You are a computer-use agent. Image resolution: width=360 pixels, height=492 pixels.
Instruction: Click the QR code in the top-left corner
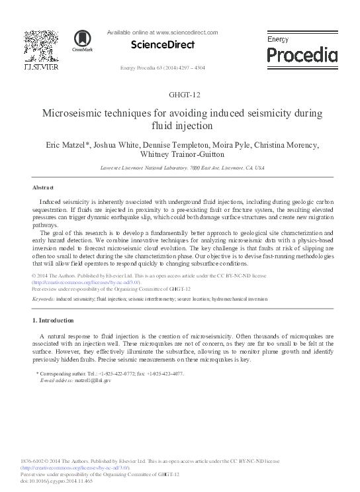pos(40,46)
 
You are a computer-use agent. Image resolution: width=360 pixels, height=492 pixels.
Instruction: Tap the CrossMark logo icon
pos(83,40)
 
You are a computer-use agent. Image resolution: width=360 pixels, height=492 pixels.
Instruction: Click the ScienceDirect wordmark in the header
pos(163,45)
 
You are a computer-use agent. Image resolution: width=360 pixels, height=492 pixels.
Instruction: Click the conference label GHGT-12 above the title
pos(180,94)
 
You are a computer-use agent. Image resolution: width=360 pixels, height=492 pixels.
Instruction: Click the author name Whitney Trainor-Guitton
pos(180,155)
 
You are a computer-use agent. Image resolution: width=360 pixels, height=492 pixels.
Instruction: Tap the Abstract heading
pos(42,187)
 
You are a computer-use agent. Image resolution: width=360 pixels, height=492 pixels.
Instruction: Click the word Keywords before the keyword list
pos(43,299)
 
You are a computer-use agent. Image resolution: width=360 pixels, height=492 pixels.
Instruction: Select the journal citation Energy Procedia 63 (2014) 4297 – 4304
pos(163,68)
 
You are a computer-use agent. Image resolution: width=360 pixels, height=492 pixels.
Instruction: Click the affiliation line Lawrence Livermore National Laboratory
pos(180,168)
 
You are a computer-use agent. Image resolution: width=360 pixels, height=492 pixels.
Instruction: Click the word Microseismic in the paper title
pos(75,113)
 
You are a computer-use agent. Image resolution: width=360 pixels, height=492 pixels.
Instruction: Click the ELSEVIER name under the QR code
pos(40,67)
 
